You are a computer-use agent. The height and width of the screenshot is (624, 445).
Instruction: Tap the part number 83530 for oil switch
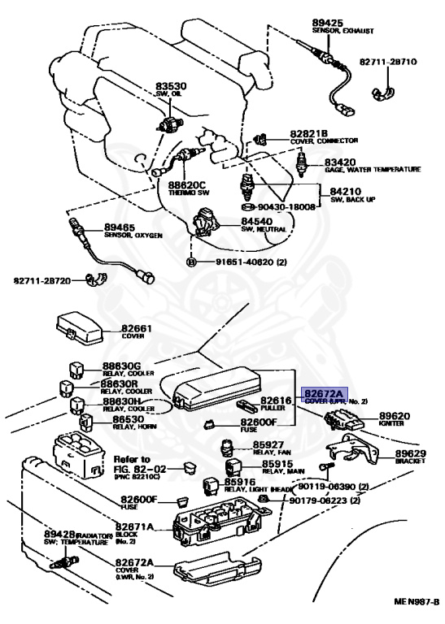coord(172,85)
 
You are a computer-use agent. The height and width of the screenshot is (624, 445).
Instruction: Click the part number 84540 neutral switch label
coord(256,220)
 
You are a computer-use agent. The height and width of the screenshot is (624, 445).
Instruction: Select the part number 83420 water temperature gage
coord(342,162)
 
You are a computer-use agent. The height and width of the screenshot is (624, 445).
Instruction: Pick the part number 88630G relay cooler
coord(121,367)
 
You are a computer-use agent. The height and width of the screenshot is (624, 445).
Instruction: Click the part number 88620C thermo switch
coord(185,184)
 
